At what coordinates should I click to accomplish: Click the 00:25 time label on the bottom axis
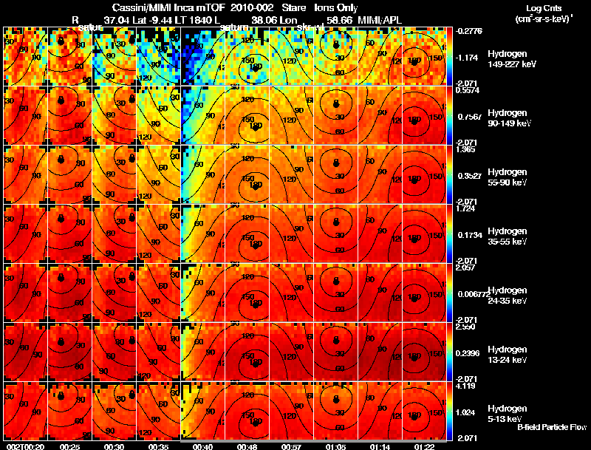(70, 446)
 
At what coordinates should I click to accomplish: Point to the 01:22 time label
(423, 446)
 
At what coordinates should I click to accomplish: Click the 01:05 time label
(336, 446)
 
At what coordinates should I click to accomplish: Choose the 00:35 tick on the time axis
(159, 446)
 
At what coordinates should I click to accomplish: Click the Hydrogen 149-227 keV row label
(508, 59)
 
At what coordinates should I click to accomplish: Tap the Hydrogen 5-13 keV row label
(508, 413)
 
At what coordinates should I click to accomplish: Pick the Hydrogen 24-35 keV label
(508, 295)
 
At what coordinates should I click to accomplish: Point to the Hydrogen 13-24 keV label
(508, 354)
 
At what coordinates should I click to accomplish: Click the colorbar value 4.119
(468, 386)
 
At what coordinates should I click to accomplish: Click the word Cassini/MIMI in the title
(131, 7)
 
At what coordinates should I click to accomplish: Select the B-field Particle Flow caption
(551, 427)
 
